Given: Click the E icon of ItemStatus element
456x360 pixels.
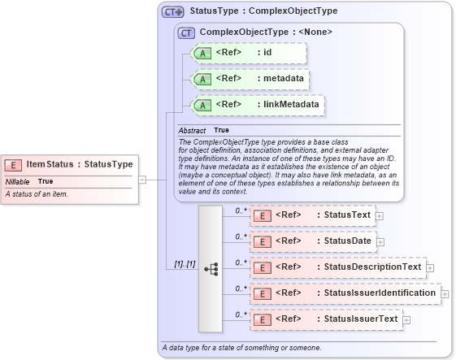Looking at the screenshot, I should pos(15,164).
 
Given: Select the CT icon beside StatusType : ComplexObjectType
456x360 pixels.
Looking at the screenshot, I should pos(173,12).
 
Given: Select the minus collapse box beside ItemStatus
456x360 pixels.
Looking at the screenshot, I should pos(142,179).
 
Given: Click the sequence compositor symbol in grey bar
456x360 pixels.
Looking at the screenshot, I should pos(211,267).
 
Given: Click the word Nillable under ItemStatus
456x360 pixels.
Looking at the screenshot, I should pos(18,181).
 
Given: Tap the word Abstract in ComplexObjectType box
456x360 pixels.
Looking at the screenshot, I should pos(192,130).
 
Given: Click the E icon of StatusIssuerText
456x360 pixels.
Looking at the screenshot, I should pos(262,319).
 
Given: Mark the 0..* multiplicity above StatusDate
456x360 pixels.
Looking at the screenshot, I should pos(241,236).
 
